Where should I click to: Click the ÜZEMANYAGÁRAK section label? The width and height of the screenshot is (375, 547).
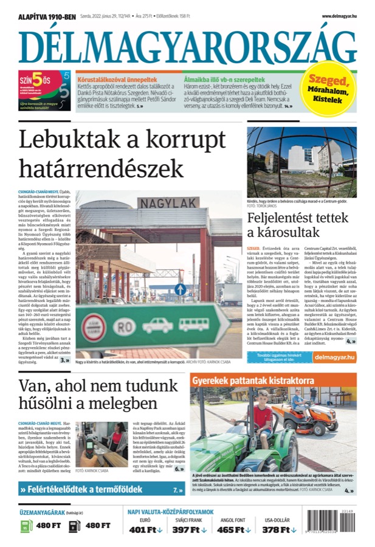pyautogui.click(x=44, y=512)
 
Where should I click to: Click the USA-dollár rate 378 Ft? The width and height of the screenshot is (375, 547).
pyautogui.click(x=276, y=529)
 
